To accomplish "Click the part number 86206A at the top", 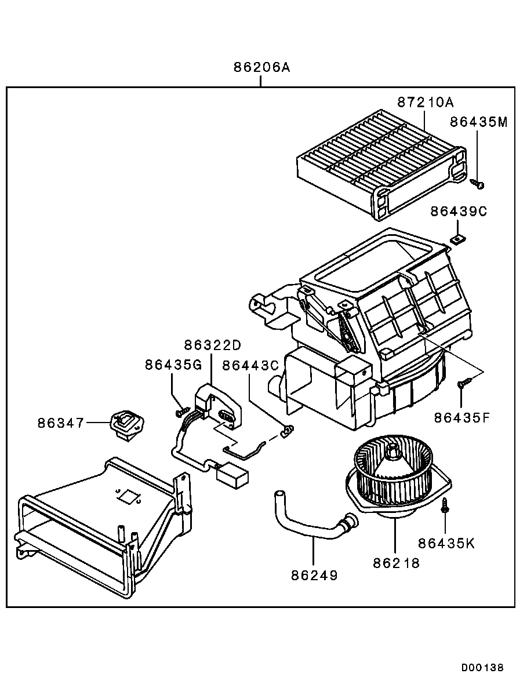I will coord(261,67).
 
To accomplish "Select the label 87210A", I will coord(425,102).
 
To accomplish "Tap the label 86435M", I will coord(479,122).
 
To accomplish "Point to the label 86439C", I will coord(459,212).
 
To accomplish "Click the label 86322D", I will coord(212,345).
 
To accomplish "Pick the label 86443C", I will coord(251,366).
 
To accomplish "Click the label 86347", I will coord(61,423).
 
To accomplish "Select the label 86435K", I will coord(446,543).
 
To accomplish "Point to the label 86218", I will coord(396,562).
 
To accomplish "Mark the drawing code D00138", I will coord(483,667).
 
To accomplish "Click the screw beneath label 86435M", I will coord(478,184).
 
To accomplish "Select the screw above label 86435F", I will coord(464,383).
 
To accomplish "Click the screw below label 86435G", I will coord(182,412).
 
